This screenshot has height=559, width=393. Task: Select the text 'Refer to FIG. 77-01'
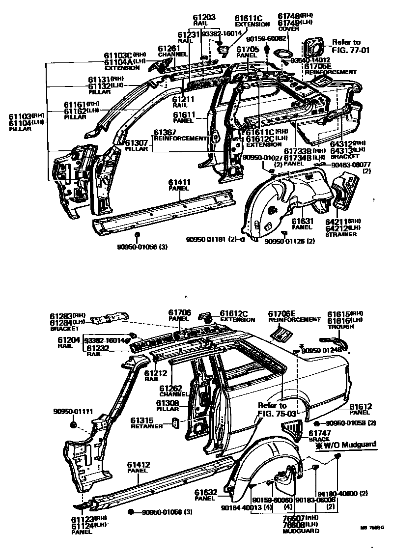[350, 46]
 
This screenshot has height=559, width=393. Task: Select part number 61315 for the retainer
[143, 420]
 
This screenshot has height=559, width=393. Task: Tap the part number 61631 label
[302, 222]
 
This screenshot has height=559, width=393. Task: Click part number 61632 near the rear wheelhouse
[205, 492]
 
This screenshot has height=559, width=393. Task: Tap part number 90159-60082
[266, 38]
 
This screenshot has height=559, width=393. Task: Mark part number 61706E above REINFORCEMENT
[281, 313]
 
